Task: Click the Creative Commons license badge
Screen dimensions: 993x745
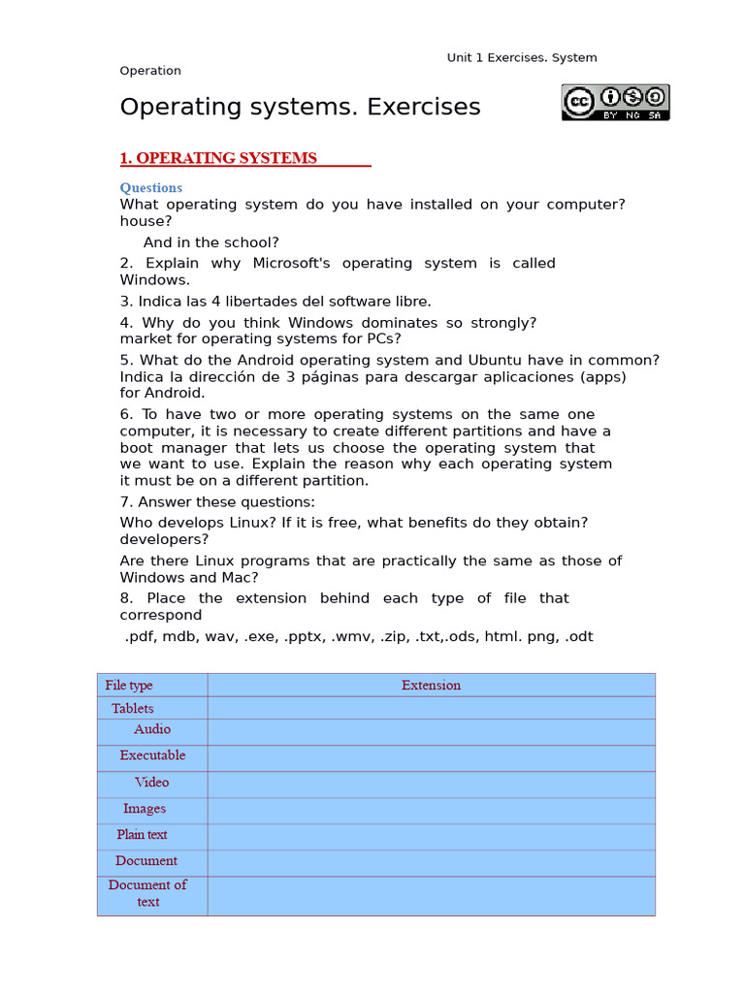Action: click(x=615, y=102)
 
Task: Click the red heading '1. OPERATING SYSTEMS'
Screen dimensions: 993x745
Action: click(x=218, y=158)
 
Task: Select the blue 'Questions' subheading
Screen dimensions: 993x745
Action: click(x=150, y=187)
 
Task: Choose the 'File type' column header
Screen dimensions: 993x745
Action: click(x=129, y=685)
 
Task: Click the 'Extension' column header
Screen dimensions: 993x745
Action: click(x=431, y=685)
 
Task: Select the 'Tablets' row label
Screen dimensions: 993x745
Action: click(x=132, y=708)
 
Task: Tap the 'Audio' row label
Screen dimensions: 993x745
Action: click(x=152, y=729)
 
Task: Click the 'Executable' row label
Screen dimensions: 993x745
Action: click(x=152, y=755)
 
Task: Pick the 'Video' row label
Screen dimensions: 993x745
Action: click(x=152, y=782)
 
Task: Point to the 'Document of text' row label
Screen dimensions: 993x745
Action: click(x=147, y=893)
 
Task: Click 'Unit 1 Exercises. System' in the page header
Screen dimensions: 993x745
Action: click(x=521, y=57)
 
